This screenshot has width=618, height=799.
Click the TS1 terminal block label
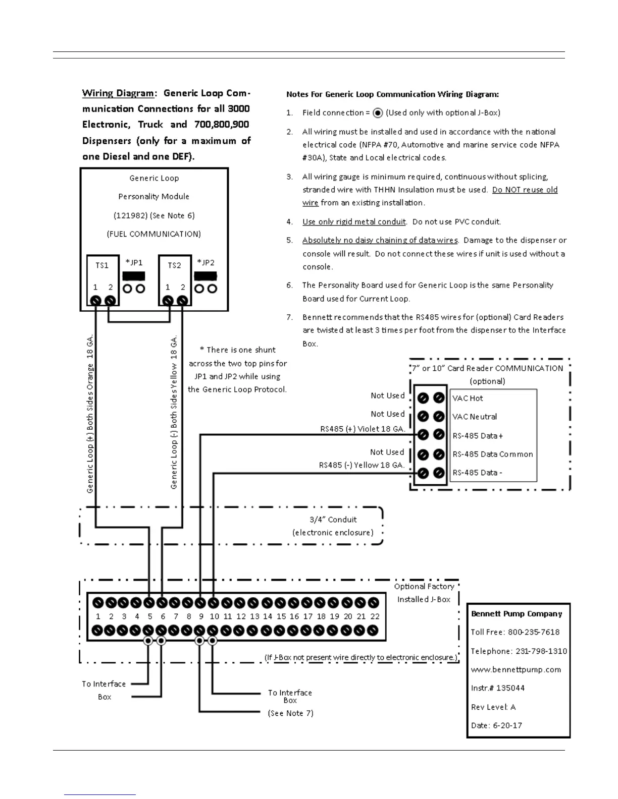[102, 265]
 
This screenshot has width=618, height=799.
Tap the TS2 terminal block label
[174, 265]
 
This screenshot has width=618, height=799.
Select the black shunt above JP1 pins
[134, 276]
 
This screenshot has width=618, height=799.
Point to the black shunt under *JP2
[205, 276]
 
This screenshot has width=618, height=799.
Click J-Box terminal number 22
[375, 616]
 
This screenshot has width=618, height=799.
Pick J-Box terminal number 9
[201, 616]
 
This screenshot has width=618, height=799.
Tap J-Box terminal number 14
[268, 616]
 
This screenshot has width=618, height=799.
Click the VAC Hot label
[468, 398]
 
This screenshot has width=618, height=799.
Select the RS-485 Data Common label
[492, 454]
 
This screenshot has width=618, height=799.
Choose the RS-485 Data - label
[477, 473]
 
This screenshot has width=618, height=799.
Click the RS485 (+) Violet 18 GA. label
[363, 429]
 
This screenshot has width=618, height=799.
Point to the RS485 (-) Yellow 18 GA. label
[362, 465]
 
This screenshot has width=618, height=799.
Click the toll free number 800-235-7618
[534, 633]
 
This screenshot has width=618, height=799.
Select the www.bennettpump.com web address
[516, 670]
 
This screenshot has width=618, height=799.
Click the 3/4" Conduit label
[333, 520]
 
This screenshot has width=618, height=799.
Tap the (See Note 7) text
[290, 713]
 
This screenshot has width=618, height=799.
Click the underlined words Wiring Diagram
[118, 93]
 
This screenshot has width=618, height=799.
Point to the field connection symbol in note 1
[378, 113]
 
